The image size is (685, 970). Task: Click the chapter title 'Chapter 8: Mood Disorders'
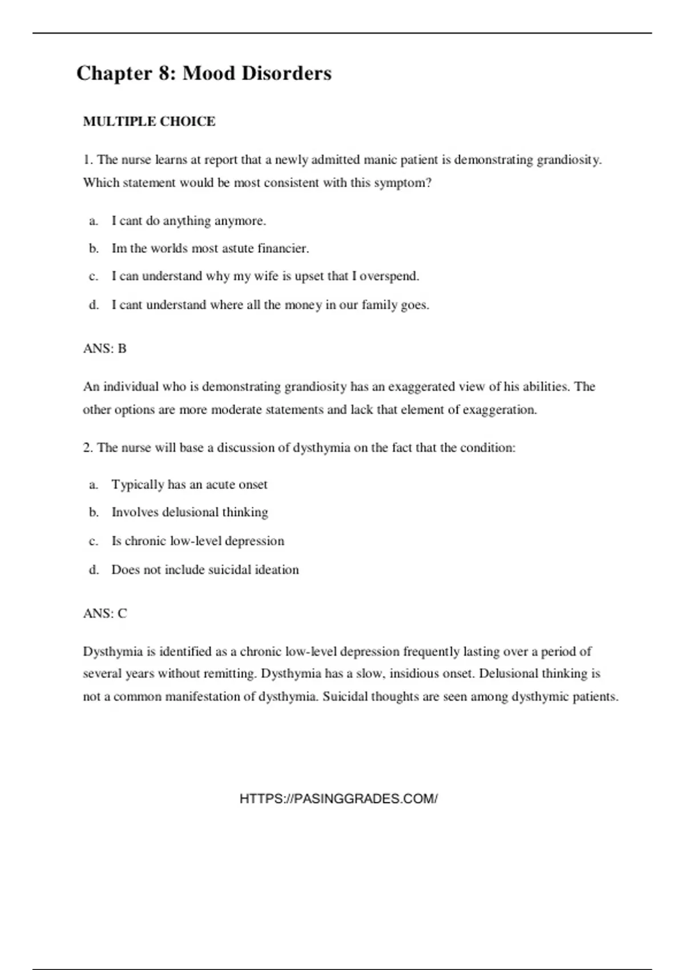click(204, 73)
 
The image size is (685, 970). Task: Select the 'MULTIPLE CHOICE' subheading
click(149, 122)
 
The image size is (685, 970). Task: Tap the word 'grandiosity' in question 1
click(568, 160)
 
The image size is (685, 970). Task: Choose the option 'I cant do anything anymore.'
click(188, 221)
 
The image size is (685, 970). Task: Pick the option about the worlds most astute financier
click(210, 249)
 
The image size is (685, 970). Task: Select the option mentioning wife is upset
click(265, 276)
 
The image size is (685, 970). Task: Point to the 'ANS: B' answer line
click(104, 349)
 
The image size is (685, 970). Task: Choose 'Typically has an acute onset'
click(189, 484)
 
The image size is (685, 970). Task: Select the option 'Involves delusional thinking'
click(190, 512)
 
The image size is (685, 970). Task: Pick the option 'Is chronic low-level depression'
click(198, 541)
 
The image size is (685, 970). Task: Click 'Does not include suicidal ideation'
click(205, 569)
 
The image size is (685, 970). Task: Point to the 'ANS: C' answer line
click(105, 613)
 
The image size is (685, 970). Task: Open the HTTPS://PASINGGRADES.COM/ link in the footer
click(339, 799)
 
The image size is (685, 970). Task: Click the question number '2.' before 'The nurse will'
click(88, 448)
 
